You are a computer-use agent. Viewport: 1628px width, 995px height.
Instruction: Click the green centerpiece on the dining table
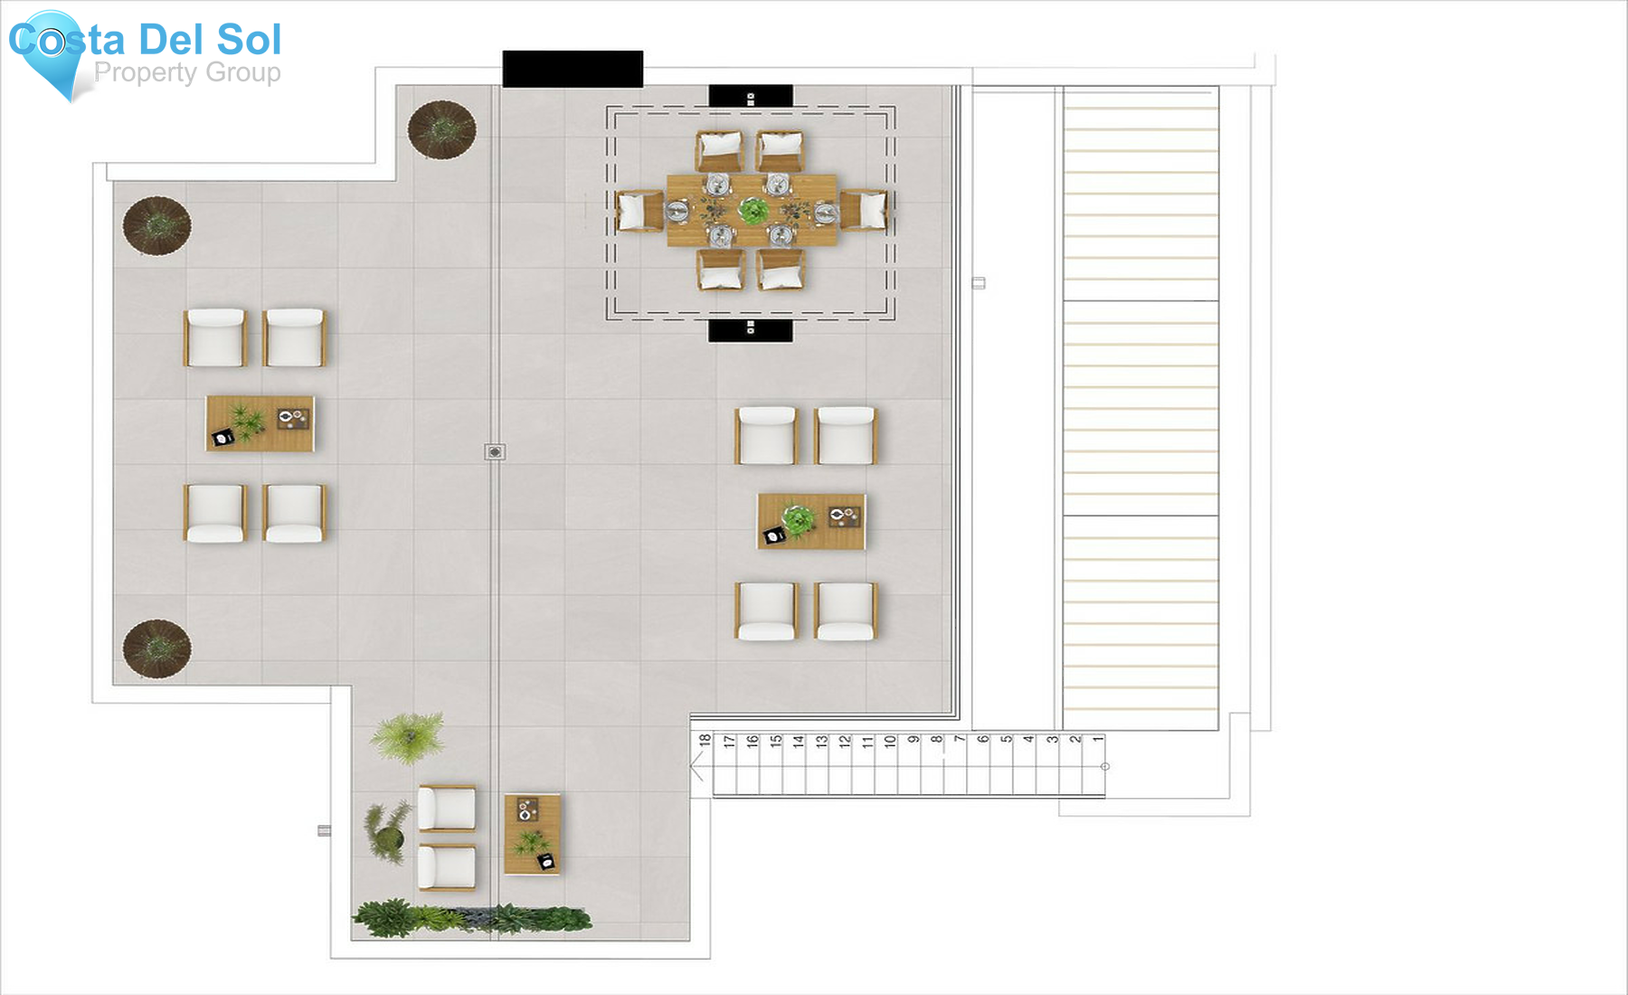[752, 211]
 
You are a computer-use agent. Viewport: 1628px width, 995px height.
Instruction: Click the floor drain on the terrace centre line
[495, 451]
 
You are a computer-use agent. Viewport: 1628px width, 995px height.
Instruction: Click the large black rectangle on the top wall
[573, 69]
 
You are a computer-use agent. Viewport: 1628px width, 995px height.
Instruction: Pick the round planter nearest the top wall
[442, 129]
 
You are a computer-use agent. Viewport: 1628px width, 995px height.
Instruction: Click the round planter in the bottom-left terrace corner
[157, 648]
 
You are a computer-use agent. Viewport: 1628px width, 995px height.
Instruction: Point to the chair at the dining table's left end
[639, 211]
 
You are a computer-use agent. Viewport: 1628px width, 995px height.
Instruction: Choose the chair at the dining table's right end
[865, 211]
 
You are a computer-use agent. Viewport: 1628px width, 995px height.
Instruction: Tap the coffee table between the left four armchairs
[260, 423]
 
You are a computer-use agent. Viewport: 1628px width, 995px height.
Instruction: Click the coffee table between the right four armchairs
[811, 521]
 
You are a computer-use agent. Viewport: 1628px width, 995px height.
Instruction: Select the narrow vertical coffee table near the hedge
[532, 834]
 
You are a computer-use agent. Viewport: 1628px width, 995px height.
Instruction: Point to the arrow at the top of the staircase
[696, 768]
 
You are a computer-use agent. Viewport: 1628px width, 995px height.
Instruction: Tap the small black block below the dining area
[750, 330]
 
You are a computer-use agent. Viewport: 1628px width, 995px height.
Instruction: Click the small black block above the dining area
[751, 96]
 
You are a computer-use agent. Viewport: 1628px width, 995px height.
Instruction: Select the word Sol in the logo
[249, 40]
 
